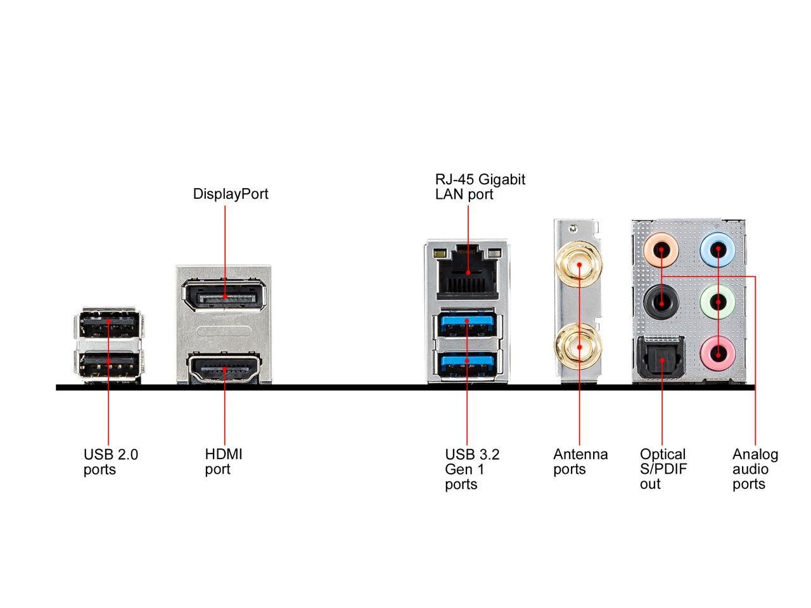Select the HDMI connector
[x=224, y=369]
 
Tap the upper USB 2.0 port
[x=109, y=324]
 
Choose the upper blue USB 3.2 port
[x=467, y=322]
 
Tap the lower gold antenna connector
[x=579, y=346]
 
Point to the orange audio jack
[x=661, y=250]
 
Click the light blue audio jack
[x=717, y=249]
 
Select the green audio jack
[x=717, y=302]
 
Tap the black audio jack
[x=661, y=303]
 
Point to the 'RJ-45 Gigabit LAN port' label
[x=480, y=187]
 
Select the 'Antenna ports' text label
[x=580, y=462]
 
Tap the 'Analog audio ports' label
[x=755, y=469]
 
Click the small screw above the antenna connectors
[x=573, y=229]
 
